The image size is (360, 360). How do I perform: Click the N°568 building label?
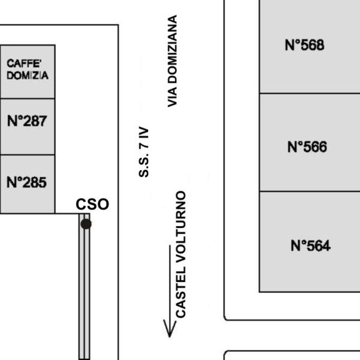click(x=304, y=45)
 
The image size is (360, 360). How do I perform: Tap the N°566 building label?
click(x=307, y=147)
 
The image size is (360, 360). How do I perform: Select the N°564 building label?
click(x=310, y=245)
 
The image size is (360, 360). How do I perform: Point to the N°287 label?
click(x=27, y=121)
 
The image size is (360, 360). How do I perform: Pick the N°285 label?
click(x=26, y=182)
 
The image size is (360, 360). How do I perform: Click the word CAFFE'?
click(x=24, y=64)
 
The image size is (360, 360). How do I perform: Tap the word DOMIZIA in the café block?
click(x=28, y=76)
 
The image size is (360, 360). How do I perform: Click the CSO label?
click(x=92, y=204)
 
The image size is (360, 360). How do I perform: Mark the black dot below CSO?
click(x=86, y=224)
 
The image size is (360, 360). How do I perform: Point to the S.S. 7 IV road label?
click(x=144, y=152)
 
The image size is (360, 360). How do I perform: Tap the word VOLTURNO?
click(x=181, y=226)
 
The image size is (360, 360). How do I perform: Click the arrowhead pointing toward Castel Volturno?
click(x=170, y=329)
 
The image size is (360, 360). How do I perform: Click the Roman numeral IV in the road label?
click(x=144, y=133)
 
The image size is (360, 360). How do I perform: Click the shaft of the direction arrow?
click(x=170, y=287)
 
